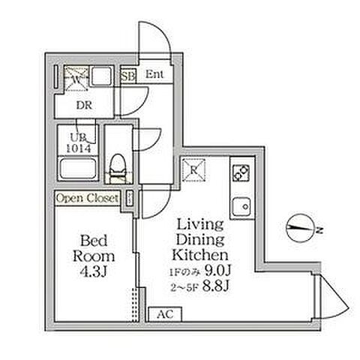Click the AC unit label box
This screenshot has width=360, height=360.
tap(165, 314)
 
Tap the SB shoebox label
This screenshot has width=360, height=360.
tap(128, 76)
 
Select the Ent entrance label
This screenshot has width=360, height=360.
tap(154, 74)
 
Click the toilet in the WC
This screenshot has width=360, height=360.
tap(117, 166)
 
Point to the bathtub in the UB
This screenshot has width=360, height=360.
tap(78, 168)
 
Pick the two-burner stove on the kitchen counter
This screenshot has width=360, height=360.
tap(241, 173)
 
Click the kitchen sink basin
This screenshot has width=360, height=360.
tap(241, 207)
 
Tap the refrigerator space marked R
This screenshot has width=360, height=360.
tap(194, 170)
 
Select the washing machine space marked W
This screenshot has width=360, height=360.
tap(76, 79)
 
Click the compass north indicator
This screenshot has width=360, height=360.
tap(300, 228)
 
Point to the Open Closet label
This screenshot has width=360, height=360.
tap(87, 198)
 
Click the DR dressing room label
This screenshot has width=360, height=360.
tap(84, 106)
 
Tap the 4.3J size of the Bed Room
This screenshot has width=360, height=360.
tap(94, 271)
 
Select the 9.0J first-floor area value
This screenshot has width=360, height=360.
tap(217, 270)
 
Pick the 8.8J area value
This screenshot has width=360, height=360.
tap(215, 286)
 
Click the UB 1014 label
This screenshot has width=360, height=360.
tap(79, 143)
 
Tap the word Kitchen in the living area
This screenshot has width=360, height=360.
tap(200, 255)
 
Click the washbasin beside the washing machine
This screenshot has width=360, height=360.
tap(101, 76)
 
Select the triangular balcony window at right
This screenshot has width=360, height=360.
tap(332, 297)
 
